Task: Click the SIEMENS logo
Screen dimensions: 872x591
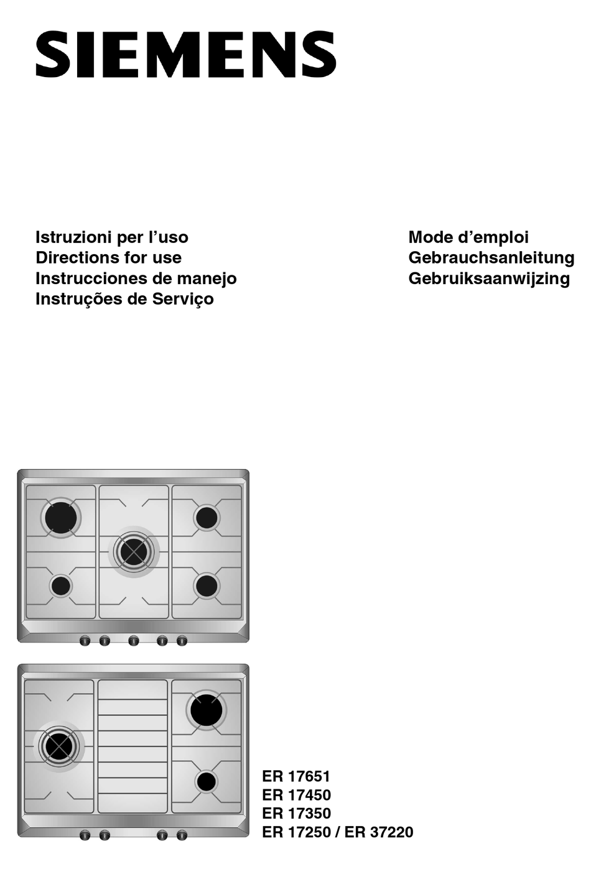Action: click(185, 55)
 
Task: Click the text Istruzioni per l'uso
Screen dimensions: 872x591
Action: click(112, 237)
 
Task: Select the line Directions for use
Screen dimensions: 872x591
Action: click(108, 257)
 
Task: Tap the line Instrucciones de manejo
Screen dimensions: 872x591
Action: click(136, 278)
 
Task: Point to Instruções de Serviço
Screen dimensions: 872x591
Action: click(124, 298)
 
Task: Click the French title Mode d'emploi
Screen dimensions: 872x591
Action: click(468, 237)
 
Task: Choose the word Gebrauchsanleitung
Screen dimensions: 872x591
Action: click(491, 257)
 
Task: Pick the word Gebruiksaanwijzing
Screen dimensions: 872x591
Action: click(488, 278)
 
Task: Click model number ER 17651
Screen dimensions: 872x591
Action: click(296, 776)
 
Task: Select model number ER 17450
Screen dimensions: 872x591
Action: click(296, 794)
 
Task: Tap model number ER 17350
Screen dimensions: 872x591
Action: click(296, 813)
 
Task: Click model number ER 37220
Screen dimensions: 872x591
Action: click(379, 832)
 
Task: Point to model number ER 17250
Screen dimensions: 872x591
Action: click(296, 832)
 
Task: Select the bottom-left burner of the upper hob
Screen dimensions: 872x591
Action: click(61, 585)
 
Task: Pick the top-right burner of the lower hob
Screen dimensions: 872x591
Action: click(207, 710)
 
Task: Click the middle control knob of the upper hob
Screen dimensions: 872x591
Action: click(133, 640)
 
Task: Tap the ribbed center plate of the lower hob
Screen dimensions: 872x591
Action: click(133, 746)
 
